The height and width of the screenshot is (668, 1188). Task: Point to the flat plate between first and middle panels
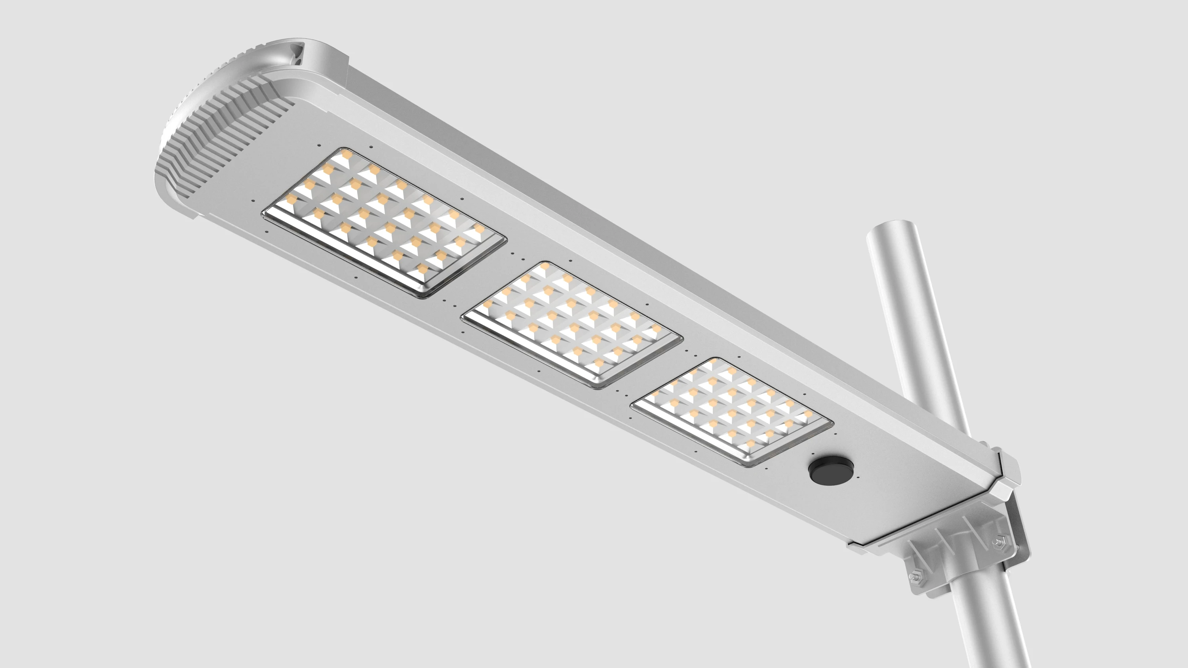point(480,281)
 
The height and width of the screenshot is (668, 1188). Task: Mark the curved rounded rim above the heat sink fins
point(217,78)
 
